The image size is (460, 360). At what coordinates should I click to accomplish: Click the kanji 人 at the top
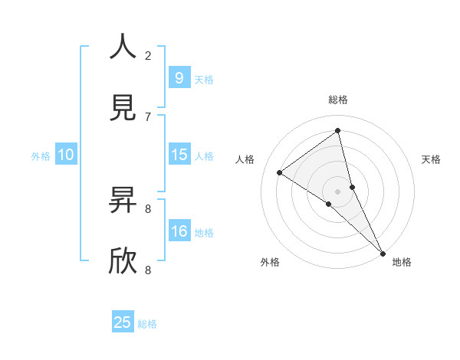pos(123,47)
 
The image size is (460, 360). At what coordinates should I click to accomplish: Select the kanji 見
pos(123,108)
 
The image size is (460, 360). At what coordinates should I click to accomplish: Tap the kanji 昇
pos(123,200)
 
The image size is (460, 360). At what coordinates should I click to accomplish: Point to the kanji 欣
pos(123,261)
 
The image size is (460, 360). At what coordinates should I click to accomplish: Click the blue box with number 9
pos(179,77)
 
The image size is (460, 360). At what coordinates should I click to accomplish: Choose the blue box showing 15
pos(179,155)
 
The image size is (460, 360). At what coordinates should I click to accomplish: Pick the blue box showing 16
pos(179,231)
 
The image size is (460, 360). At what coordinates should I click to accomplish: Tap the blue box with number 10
pos(66,155)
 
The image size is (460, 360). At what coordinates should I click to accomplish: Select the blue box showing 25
pos(123,322)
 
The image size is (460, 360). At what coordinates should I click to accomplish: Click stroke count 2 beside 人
pos(148,55)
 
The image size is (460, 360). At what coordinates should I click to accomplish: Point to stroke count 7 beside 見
pos(148,116)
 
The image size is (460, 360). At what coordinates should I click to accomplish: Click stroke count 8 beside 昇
pos(148,208)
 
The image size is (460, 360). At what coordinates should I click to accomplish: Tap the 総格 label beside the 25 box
pos(147,324)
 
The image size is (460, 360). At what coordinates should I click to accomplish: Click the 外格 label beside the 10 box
pos(41,155)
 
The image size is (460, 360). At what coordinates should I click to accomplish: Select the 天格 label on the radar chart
pos(431,159)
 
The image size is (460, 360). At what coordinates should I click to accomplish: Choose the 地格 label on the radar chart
pos(402,262)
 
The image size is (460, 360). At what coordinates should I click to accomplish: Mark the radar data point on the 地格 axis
pos(382,252)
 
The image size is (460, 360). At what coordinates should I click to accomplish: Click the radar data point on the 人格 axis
pos(279,172)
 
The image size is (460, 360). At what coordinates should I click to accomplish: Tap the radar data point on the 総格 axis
pos(338,130)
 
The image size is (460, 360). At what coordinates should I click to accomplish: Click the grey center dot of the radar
pos(338,191)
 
